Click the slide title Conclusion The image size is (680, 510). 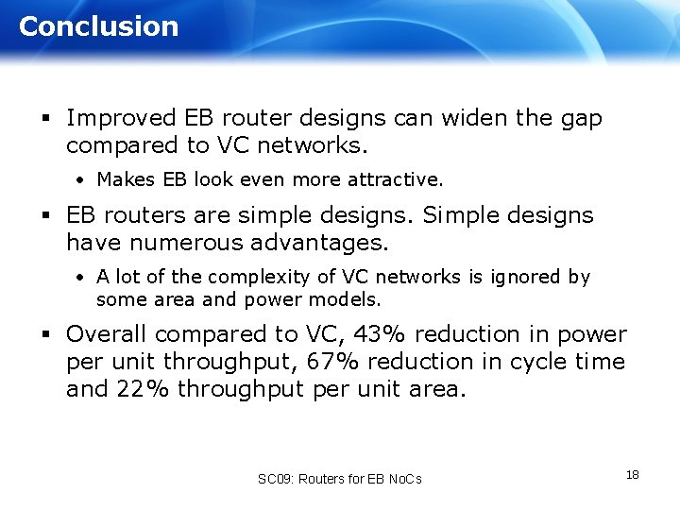[98, 26]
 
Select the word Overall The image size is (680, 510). [107, 334]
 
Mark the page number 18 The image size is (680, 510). [632, 474]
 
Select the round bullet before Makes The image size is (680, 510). [82, 179]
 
